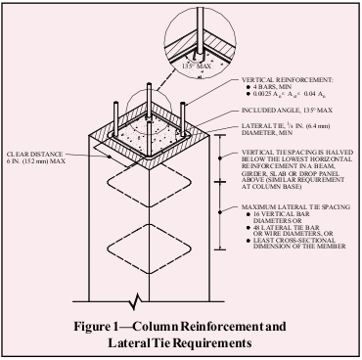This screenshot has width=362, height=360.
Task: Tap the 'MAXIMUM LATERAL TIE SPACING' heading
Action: coord(294,208)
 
